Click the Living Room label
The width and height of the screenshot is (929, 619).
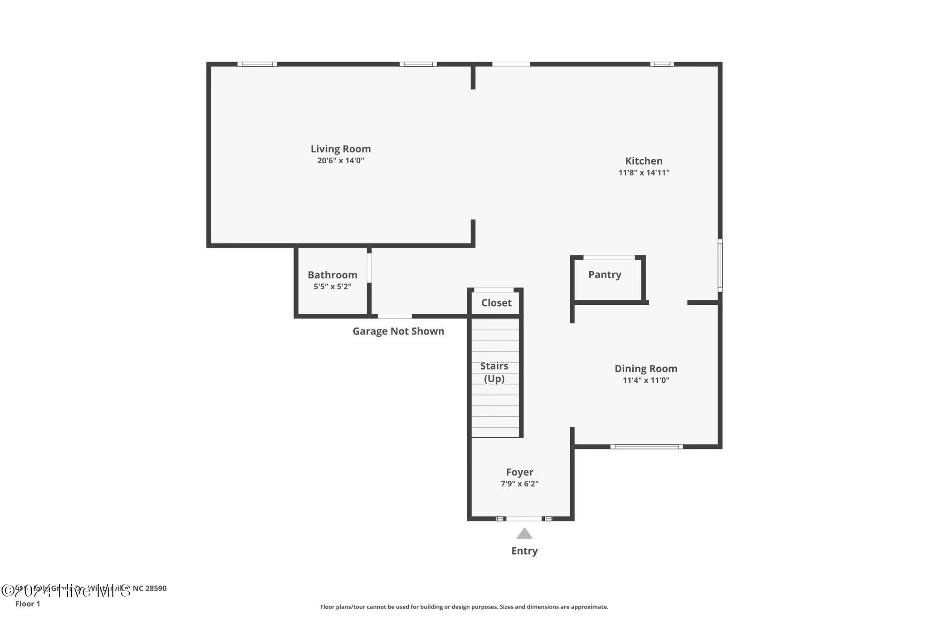(x=341, y=149)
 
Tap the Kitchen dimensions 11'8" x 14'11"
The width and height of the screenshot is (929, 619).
(x=644, y=173)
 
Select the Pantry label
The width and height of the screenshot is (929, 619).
(x=605, y=274)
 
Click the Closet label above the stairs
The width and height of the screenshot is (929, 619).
(x=496, y=303)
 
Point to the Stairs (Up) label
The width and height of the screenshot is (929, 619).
(x=494, y=372)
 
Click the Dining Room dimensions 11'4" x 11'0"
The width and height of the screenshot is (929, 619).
(x=645, y=380)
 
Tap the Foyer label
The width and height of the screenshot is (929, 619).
(x=519, y=472)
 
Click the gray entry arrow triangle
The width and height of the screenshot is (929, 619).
(x=524, y=534)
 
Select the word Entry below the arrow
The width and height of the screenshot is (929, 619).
(x=524, y=551)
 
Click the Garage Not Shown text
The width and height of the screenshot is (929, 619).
(x=398, y=331)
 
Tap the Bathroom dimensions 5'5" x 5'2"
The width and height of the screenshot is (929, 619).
(x=332, y=287)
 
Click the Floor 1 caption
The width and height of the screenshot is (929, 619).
(x=28, y=604)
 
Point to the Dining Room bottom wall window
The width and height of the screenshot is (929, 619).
(x=646, y=447)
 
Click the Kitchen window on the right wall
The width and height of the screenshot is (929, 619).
(x=720, y=265)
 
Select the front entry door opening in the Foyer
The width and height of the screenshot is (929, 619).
(x=524, y=518)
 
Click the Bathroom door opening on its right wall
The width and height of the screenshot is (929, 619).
(x=369, y=268)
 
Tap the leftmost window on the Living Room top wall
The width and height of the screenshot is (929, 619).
(x=257, y=64)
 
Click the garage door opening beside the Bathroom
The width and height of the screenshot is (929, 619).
(x=395, y=316)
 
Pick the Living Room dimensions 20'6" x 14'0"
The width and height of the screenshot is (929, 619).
(x=341, y=161)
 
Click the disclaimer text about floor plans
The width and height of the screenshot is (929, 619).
(x=464, y=607)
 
